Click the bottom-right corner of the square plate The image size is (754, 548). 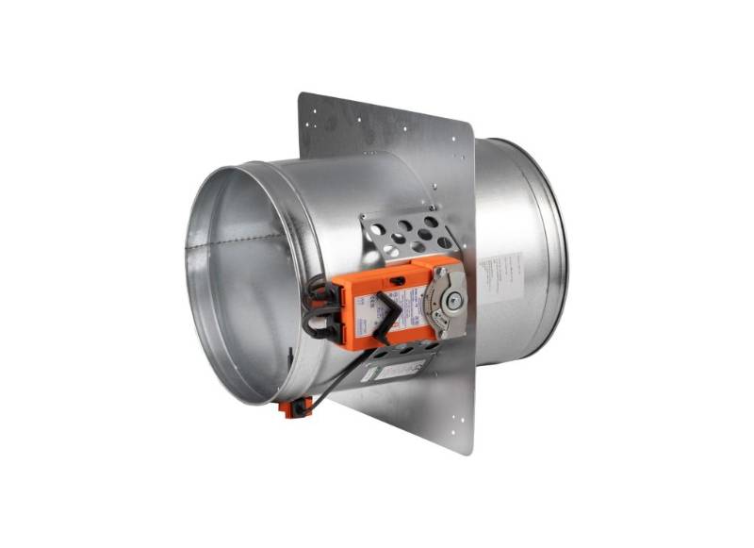[x=469, y=451]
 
